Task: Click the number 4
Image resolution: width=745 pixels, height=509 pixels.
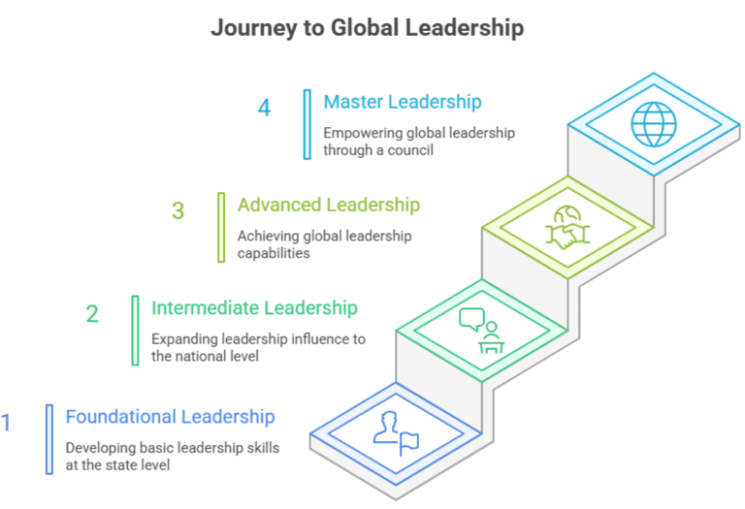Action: pyautogui.click(x=264, y=108)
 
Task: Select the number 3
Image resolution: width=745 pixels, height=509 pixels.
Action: pyautogui.click(x=178, y=210)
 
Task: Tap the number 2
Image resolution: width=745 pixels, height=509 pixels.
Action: pyautogui.click(x=92, y=313)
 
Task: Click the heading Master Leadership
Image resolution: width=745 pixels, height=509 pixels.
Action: pyautogui.click(x=403, y=102)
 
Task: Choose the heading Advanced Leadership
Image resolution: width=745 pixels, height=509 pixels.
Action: pyautogui.click(x=328, y=206)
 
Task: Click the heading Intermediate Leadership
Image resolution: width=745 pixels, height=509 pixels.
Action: pyautogui.click(x=254, y=308)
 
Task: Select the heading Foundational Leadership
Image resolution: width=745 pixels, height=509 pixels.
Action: pyautogui.click(x=170, y=417)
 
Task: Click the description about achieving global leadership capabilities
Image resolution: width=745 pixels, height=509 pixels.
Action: pyautogui.click(x=325, y=244)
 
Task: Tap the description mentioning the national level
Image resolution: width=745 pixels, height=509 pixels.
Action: pyautogui.click(x=258, y=347)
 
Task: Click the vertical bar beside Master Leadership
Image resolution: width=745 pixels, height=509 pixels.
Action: pyautogui.click(x=307, y=124)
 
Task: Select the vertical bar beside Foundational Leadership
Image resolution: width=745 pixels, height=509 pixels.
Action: pyautogui.click(x=49, y=439)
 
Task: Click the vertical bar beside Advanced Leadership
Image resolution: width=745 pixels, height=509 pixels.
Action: pyautogui.click(x=220, y=227)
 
